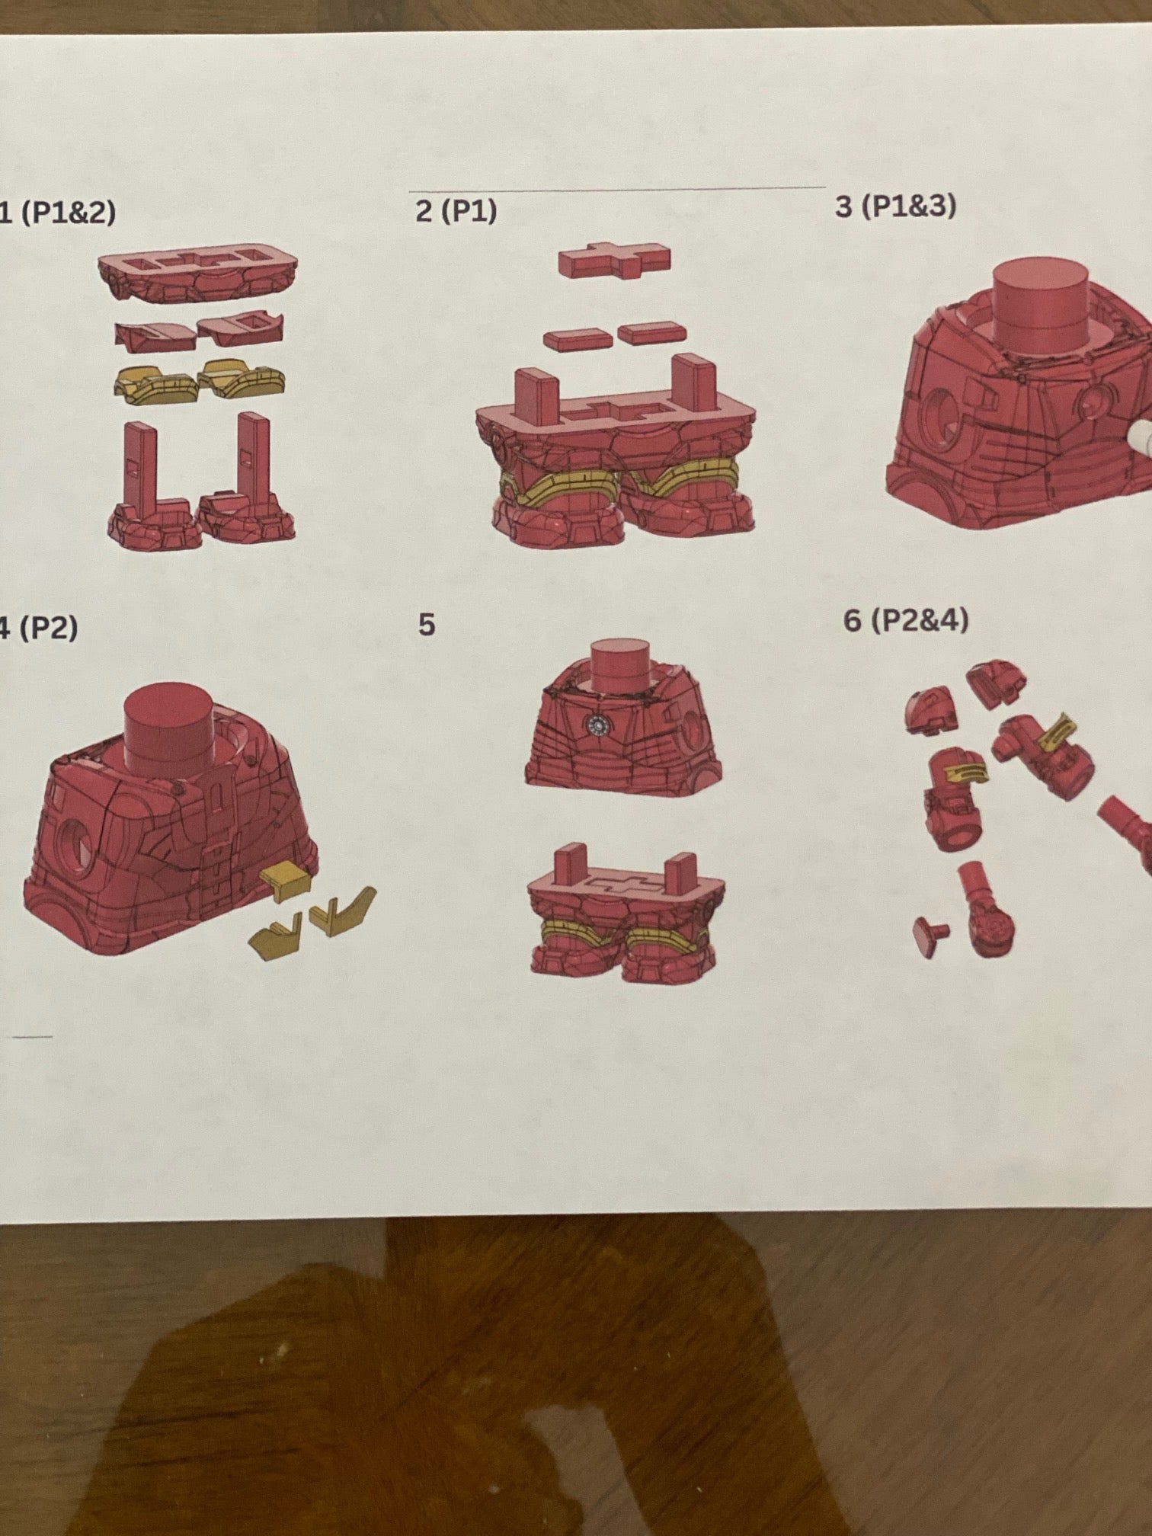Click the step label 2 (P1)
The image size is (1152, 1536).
tap(456, 211)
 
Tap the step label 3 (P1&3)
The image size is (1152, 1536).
tap(894, 206)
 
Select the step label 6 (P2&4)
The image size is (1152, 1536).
tap(905, 621)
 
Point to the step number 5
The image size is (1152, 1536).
tap(427, 625)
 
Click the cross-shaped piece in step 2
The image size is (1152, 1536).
tap(615, 261)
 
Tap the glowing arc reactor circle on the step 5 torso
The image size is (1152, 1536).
tap(601, 724)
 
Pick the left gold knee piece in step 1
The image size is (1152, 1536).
tap(156, 381)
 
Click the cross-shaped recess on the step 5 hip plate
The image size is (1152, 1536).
tap(617, 884)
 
